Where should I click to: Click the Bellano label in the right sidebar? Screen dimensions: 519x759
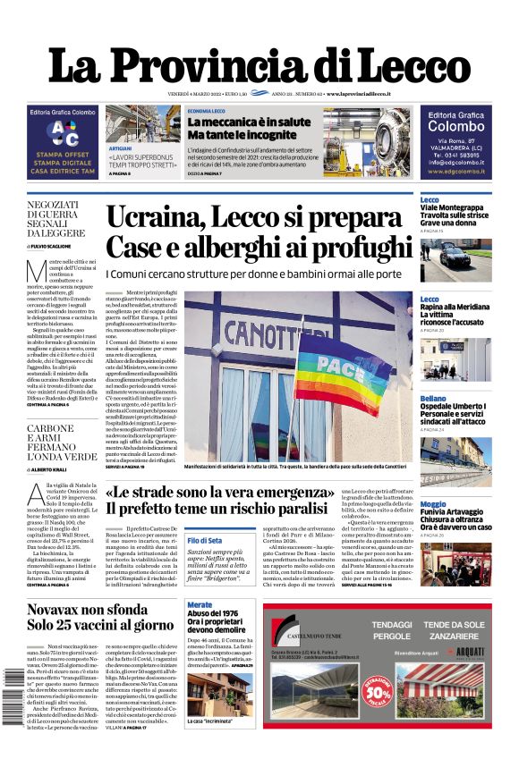click(433, 398)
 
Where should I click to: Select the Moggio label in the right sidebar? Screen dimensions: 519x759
click(433, 504)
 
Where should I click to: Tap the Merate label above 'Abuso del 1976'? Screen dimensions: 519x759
click(200, 605)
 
